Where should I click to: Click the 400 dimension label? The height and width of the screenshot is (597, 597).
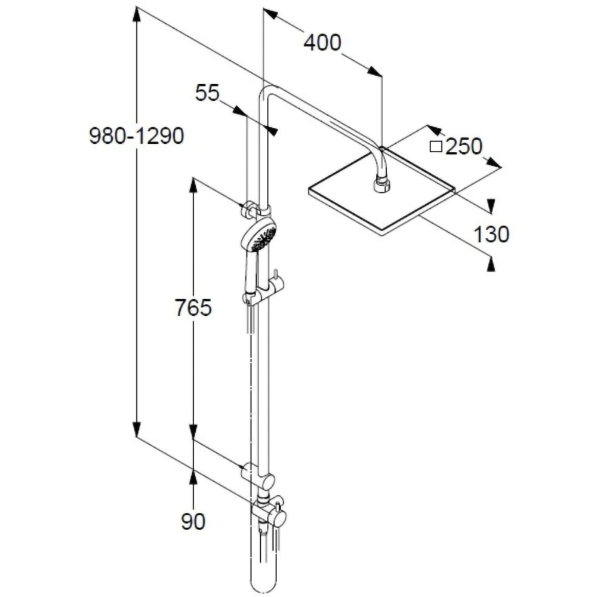322,43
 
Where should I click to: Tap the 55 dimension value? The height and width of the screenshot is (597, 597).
208,93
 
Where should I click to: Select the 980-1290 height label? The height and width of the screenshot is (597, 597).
136,137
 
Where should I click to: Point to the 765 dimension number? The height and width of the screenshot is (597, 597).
193,308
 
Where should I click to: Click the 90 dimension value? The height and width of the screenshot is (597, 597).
193,521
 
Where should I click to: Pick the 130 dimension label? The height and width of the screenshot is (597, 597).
491,235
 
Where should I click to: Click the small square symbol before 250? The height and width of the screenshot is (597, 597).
436,146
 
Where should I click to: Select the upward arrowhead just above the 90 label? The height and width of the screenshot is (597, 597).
193,476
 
